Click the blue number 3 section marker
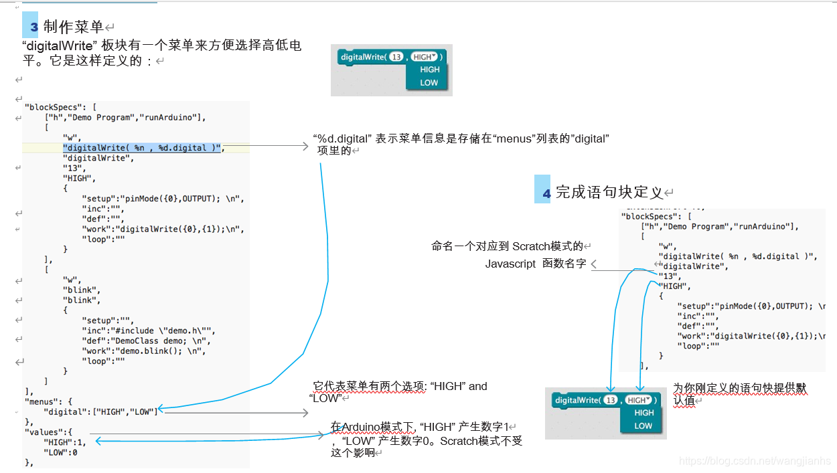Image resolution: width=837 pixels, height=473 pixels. pos(34,27)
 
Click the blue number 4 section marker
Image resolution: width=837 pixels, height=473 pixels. pos(546,193)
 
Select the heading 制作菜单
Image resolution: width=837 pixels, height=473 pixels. pos(74,27)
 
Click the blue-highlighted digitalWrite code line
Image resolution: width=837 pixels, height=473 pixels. pos(143,148)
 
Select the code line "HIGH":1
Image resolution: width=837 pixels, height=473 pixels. pos(65,442)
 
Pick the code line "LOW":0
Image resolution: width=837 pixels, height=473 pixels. pos(60,452)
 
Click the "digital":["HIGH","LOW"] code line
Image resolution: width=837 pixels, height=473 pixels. pos(100,411)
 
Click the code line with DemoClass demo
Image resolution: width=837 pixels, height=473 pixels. pos(144,341)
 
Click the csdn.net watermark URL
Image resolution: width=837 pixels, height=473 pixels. pos(755,462)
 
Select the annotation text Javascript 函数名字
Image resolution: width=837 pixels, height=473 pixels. pos(536,264)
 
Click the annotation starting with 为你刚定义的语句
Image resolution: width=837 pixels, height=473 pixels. pos(739,394)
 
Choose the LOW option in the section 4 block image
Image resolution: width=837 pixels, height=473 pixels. pos(643,425)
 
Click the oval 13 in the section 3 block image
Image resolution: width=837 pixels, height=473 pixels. pos(396,57)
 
